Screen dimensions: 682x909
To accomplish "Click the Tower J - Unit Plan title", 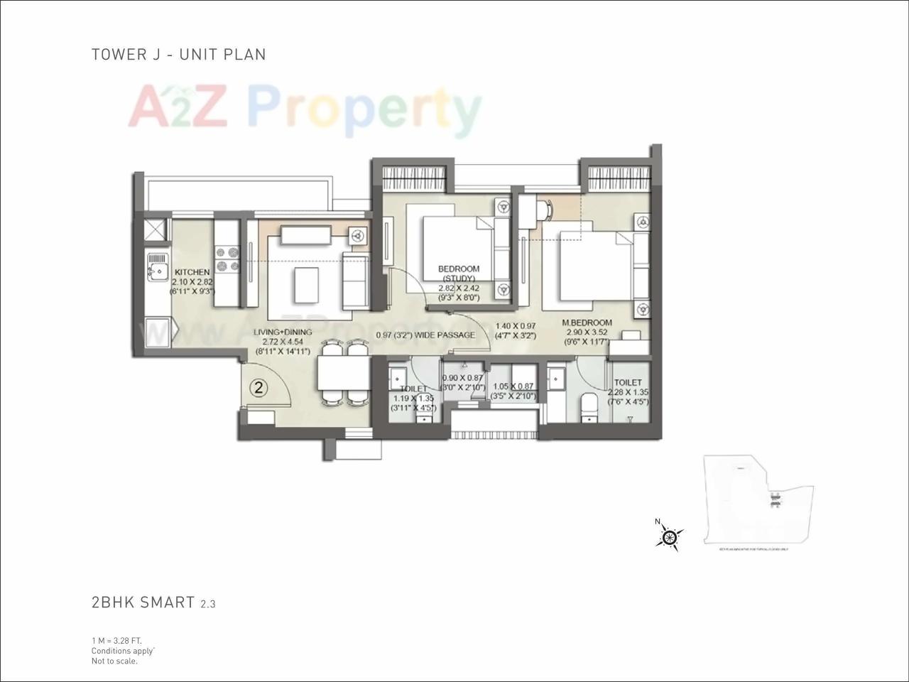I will pyautogui.click(x=178, y=54).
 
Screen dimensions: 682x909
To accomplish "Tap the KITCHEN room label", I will pyautogui.click(x=192, y=272).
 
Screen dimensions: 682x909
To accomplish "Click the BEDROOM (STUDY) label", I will pyautogui.click(x=459, y=274).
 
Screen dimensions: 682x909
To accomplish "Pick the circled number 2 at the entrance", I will pyautogui.click(x=259, y=388).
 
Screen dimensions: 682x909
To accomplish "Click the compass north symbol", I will pyautogui.click(x=668, y=536).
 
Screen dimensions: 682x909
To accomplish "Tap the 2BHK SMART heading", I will pyautogui.click(x=143, y=602).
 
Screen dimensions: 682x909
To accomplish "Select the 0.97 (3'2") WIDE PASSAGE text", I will pyautogui.click(x=425, y=335).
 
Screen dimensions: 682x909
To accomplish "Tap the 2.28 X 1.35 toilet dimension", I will pyautogui.click(x=628, y=392).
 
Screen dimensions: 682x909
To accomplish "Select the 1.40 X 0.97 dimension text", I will pyautogui.click(x=515, y=326).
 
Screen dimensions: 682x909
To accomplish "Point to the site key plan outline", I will pyautogui.click(x=756, y=501).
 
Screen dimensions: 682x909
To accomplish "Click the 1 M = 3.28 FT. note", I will pyautogui.click(x=121, y=640).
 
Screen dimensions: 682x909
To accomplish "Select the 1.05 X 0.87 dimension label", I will pyautogui.click(x=513, y=387).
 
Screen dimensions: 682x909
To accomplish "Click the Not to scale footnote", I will pyautogui.click(x=114, y=661).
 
